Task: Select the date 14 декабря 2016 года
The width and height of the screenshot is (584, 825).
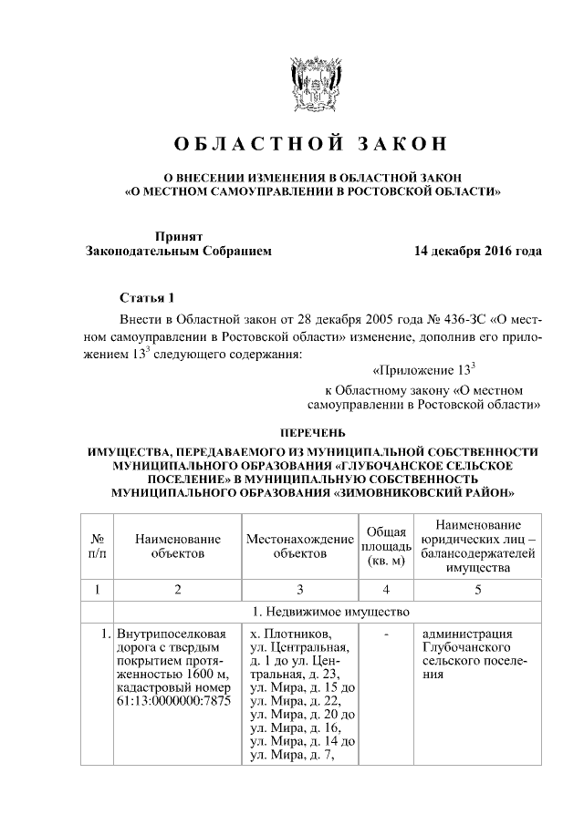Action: pos(476,251)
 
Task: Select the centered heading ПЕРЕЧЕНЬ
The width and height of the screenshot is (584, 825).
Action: pos(311,431)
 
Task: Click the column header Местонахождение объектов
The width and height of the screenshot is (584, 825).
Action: pos(299,546)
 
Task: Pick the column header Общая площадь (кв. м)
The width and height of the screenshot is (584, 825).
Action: pos(386,546)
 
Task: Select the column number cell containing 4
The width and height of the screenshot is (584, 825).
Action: pos(386,589)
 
